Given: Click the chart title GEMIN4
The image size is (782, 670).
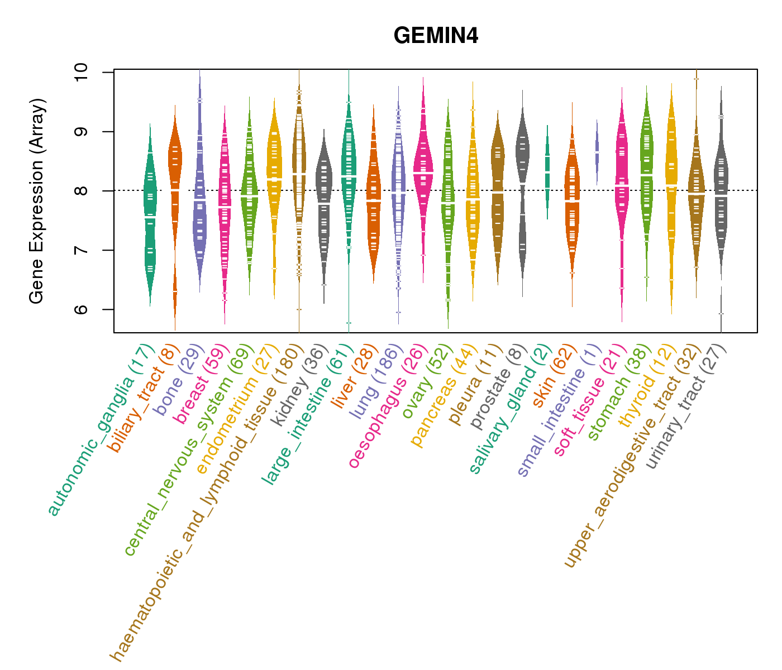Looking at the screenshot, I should coord(436,36).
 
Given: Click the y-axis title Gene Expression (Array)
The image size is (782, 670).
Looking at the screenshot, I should coord(37,201).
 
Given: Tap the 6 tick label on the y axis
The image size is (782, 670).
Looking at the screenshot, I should coord(82,309).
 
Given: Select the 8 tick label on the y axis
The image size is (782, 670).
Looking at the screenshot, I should coord(82,191).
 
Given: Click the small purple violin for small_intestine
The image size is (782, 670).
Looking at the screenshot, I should coord(597,151).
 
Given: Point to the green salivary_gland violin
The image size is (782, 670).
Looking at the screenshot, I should coord(547,170).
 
